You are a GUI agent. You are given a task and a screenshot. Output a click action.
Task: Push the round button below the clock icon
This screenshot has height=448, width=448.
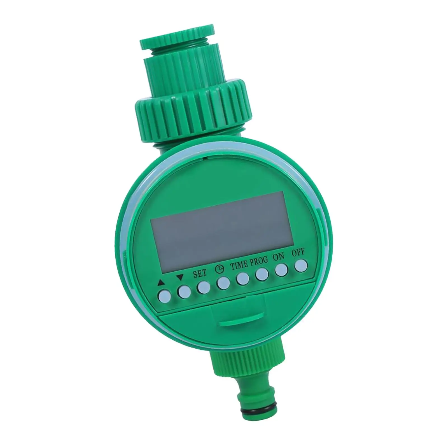(223, 283)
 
